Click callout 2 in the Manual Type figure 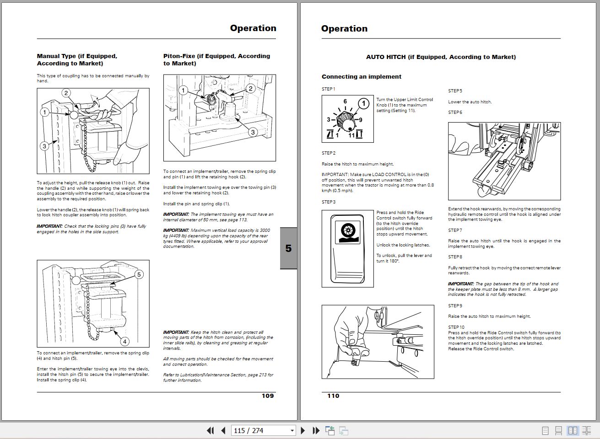point(66,93)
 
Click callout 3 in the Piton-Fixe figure point(253,132)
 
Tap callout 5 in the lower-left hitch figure point(139,274)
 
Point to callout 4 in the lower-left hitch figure point(124,341)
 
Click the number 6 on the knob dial point(345,102)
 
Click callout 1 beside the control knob point(363,103)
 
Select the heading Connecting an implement point(361,77)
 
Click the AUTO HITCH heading point(440,57)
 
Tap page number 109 point(268,396)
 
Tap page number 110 point(333,396)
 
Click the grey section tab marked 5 point(288,248)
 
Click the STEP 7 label point(455,230)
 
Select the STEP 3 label point(328,202)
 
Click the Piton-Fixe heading point(216,59)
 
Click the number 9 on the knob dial point(361,120)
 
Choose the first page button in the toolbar point(210,430)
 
